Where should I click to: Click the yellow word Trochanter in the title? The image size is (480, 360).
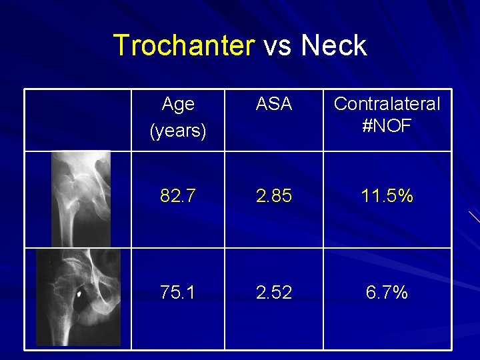(184, 45)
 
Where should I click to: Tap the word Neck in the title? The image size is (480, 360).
(333, 45)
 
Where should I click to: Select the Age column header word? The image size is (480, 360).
(178, 104)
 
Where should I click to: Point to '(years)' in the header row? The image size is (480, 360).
(178, 130)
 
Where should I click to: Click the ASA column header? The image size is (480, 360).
(274, 104)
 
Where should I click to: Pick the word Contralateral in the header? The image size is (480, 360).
(387, 104)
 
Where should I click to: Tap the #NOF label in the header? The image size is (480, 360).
(387, 127)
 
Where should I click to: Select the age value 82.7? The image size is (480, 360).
(178, 196)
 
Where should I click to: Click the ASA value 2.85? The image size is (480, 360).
(274, 196)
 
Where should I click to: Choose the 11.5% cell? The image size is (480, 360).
(387, 196)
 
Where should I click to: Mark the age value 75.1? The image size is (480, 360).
(178, 293)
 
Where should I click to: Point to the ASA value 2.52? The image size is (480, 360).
(274, 293)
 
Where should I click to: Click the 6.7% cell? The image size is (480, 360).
(387, 293)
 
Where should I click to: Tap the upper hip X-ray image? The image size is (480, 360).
(81, 199)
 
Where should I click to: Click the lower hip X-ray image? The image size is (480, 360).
(78, 297)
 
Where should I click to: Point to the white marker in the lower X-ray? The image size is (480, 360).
(79, 292)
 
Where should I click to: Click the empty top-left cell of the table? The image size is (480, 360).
(78, 120)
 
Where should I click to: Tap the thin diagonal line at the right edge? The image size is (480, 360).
(474, 217)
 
